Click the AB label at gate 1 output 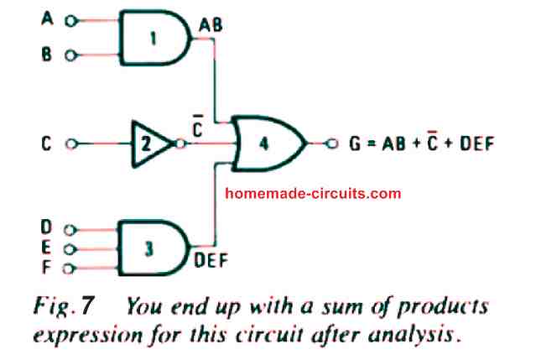click(210, 27)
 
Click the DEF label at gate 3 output click(210, 261)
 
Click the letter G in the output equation click(355, 143)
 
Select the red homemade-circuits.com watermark click(314, 193)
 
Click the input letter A click(47, 22)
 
